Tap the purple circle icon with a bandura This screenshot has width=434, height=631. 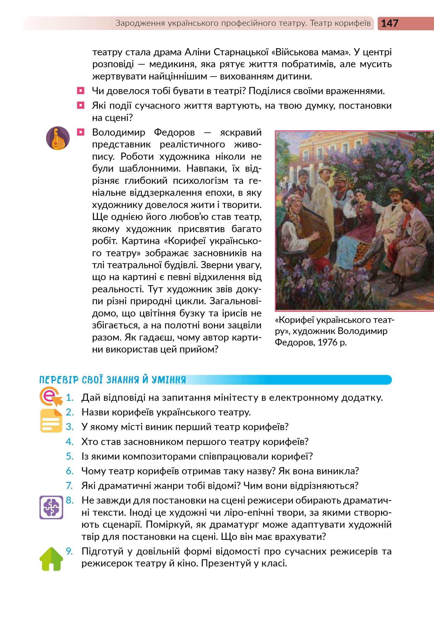[x=58, y=138]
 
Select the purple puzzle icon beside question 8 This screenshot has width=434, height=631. [x=51, y=507]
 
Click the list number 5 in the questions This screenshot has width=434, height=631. [x=70, y=456]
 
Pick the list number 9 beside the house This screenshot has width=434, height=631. [x=69, y=551]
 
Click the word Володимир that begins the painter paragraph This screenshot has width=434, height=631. [x=118, y=132]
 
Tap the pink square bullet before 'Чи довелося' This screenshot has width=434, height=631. [x=81, y=91]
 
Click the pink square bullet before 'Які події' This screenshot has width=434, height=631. [x=81, y=105]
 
